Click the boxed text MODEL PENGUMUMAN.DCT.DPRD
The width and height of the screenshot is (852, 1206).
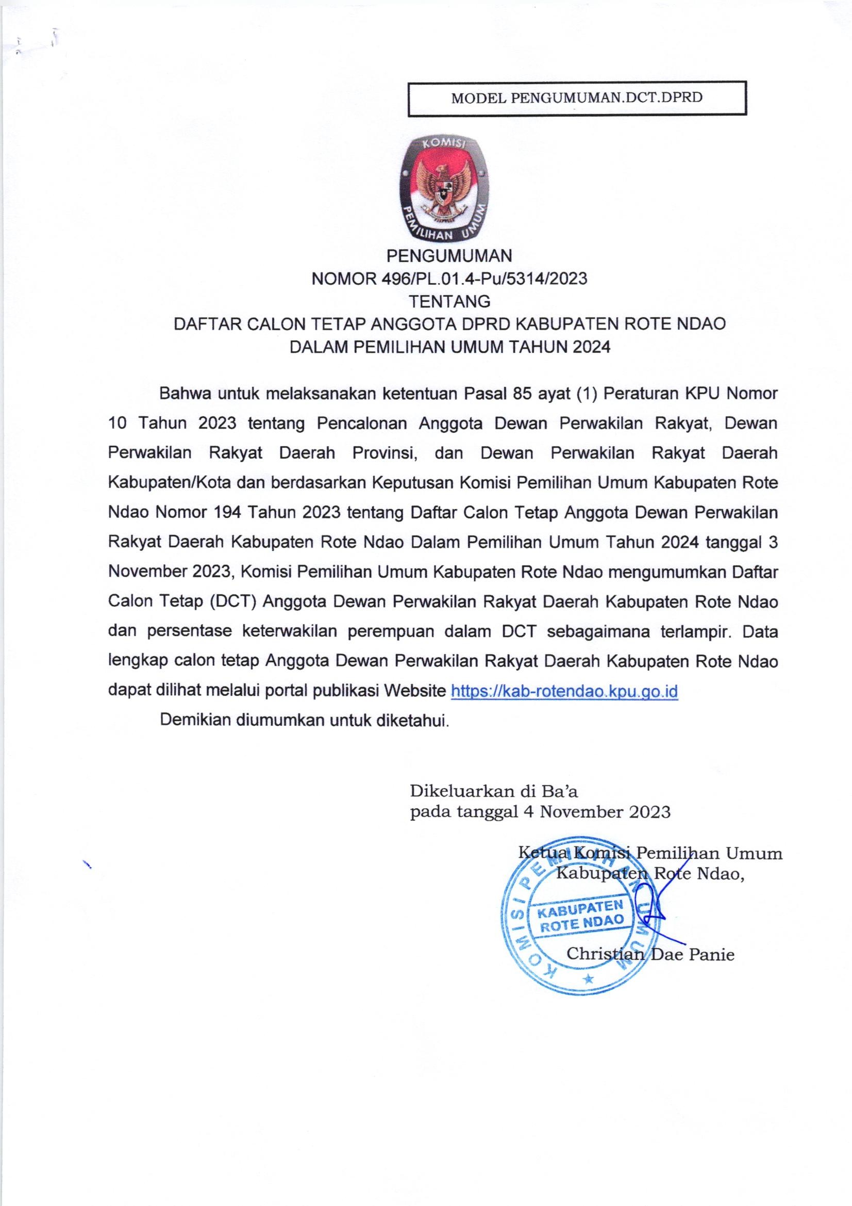tap(577, 97)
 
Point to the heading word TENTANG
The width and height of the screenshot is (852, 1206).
tap(449, 301)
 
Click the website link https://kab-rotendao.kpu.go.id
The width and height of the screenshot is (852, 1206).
tap(564, 691)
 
